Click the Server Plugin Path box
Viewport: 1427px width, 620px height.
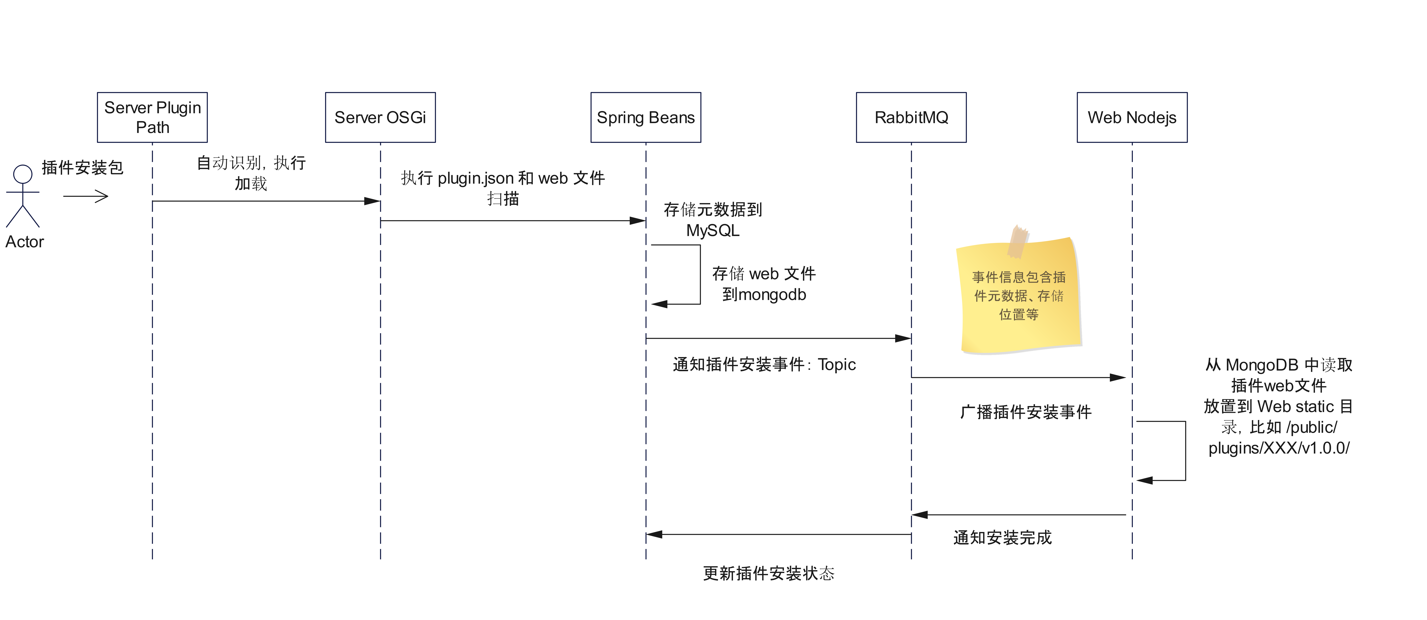click(152, 118)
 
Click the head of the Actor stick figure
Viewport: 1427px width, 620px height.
click(23, 174)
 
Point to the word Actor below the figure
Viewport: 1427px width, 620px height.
click(24, 242)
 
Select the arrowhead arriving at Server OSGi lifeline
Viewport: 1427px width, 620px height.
click(372, 201)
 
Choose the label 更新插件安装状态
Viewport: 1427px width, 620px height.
click(768, 574)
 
